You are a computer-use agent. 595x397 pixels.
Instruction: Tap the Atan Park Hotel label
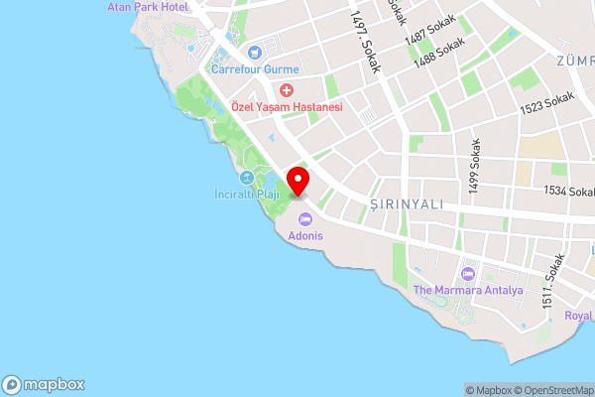tap(148, 7)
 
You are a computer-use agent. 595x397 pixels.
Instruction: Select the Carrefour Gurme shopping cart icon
tap(254, 52)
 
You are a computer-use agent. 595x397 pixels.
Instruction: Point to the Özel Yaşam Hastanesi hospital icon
tap(286, 89)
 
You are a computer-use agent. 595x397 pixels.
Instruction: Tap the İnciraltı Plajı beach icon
tap(245, 178)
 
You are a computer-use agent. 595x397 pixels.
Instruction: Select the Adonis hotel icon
tap(299, 219)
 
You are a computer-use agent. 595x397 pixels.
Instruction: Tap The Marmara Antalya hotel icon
tap(467, 273)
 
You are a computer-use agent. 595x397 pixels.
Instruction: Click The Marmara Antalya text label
tap(466, 290)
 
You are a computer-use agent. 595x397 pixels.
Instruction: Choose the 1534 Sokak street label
tap(568, 190)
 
